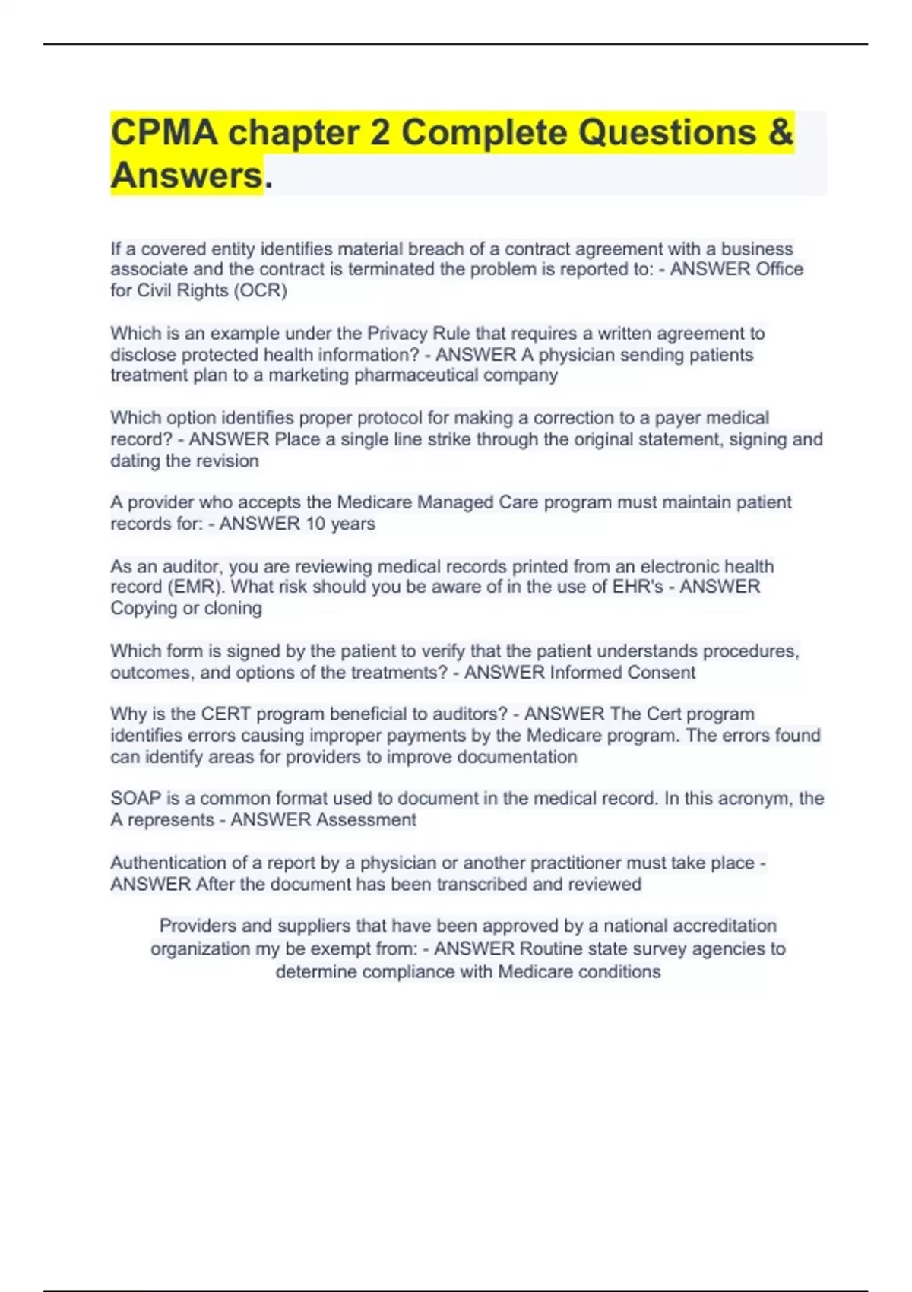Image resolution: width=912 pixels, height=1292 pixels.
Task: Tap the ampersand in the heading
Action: [781, 132]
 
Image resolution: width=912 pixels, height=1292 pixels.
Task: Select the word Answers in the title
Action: [186, 175]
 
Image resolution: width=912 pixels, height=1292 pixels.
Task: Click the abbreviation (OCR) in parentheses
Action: [260, 290]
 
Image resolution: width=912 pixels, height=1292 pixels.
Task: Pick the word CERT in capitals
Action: [226, 714]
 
